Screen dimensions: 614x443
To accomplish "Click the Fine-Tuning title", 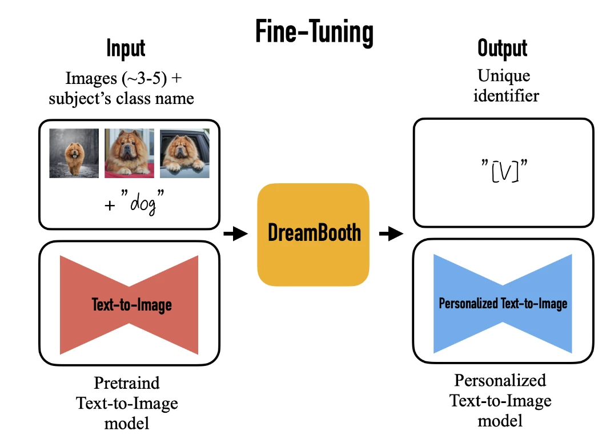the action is [315, 32].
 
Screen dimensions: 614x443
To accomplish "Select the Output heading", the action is [503, 49].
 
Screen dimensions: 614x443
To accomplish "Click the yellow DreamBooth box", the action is [313, 235].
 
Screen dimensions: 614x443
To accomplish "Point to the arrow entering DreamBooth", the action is [236, 233].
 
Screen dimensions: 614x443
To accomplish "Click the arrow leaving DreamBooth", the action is [391, 233].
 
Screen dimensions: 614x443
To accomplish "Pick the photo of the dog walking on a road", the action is [74, 153].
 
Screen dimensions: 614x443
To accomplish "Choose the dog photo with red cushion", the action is [129, 153].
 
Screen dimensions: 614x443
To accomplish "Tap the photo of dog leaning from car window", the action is [185, 153].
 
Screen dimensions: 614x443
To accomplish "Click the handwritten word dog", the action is [143, 203].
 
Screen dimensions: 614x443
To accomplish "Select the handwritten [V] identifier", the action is [505, 171].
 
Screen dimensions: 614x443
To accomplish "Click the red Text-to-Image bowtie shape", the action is [129, 305].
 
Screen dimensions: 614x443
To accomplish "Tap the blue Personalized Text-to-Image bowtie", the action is [503, 304].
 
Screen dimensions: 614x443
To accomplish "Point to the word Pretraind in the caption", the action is [127, 382].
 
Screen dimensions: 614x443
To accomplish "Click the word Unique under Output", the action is [504, 76].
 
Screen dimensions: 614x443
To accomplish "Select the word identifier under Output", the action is [506, 95].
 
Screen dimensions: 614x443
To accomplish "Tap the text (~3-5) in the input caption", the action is [144, 78].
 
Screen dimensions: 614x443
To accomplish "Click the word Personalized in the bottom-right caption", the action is [500, 380].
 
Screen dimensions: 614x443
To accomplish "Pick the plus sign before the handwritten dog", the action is [110, 206].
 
